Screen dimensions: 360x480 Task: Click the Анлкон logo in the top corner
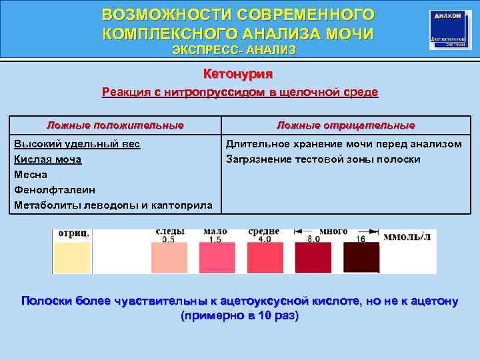(x=447, y=29)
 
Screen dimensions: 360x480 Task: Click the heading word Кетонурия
(x=238, y=74)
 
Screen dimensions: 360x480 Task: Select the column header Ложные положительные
(x=115, y=125)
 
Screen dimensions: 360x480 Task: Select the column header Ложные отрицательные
(x=345, y=125)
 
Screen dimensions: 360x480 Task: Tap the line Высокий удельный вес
(x=77, y=144)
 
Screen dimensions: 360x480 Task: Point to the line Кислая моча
(x=48, y=159)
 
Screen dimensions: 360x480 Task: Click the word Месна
(x=31, y=175)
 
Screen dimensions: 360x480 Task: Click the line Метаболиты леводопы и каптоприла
(x=113, y=205)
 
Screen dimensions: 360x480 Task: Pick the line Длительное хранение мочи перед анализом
(x=343, y=144)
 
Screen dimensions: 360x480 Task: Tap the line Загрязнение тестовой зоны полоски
(x=323, y=159)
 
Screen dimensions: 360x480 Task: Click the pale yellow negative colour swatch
(x=72, y=258)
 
